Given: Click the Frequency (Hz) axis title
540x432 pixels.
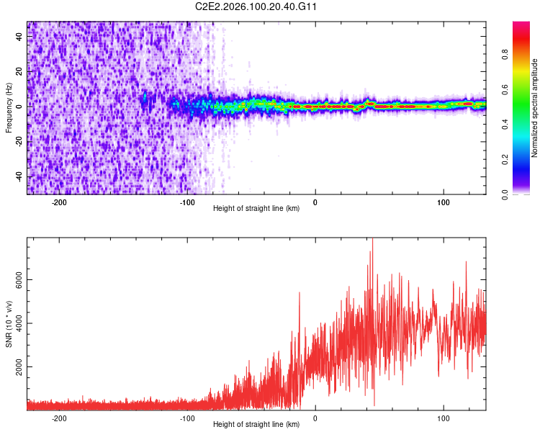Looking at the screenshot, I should pos(9,108).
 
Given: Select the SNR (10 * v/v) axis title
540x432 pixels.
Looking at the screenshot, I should pos(9,324).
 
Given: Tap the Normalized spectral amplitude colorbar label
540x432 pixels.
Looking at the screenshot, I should pos(534,108).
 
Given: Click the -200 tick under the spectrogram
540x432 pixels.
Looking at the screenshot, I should pos(59,202).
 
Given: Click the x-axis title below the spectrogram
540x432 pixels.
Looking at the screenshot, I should pos(256,209).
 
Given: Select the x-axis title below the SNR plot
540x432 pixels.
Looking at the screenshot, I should pos(256,425).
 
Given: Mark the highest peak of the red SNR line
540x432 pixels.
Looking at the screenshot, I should pos(372,240).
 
